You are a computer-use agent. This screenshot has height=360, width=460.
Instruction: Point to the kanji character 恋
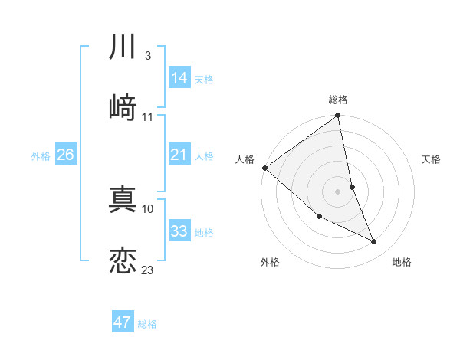123,260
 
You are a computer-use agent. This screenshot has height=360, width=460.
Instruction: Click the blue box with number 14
179,78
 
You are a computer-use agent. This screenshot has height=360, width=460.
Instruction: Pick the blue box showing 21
179,155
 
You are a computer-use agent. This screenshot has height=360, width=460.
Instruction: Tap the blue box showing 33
179,231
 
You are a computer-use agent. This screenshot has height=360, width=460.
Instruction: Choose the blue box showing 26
66,155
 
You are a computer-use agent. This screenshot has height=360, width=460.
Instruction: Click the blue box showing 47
123,322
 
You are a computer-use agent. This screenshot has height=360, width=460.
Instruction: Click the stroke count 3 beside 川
147,56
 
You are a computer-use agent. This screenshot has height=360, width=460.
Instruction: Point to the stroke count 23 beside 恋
147,270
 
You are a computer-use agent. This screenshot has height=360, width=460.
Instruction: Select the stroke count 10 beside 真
148,208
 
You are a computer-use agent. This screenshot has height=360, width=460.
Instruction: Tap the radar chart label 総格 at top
338,100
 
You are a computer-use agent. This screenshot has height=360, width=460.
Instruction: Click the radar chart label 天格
431,159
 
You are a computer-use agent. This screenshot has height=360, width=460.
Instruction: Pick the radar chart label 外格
270,262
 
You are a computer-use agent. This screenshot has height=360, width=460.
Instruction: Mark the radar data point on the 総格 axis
337,116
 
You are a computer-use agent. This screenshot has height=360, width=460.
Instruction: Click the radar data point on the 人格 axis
264,168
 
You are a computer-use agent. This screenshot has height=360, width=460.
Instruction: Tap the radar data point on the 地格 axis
374,242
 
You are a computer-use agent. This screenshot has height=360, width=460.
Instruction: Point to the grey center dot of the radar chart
337,191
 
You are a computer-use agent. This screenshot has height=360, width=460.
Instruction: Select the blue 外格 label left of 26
41,155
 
